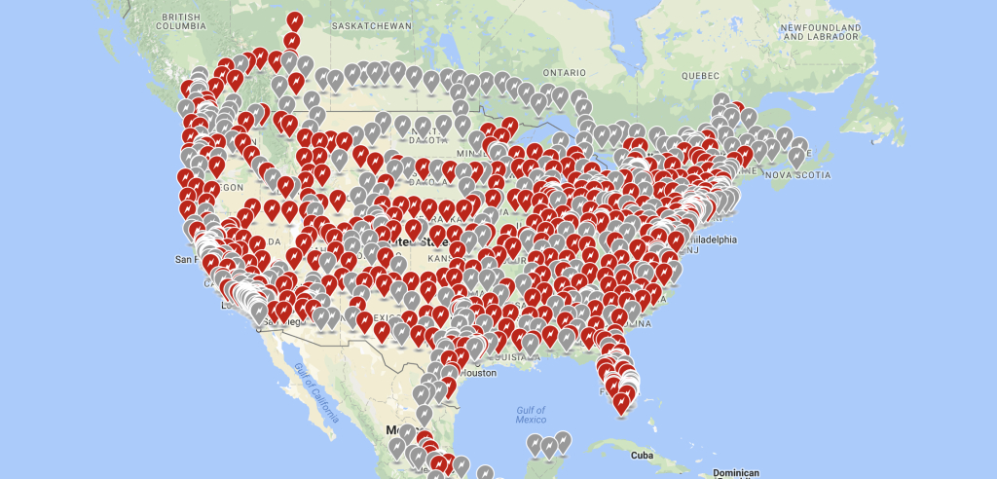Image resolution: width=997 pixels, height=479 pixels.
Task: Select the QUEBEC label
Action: [700, 75]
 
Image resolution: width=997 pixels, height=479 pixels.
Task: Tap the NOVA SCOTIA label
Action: [799, 175]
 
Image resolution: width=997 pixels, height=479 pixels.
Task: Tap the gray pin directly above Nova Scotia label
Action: [797, 155]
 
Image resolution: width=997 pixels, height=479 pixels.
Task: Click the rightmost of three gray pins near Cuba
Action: [562, 441]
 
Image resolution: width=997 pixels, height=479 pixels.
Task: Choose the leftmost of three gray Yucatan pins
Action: [533, 446]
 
